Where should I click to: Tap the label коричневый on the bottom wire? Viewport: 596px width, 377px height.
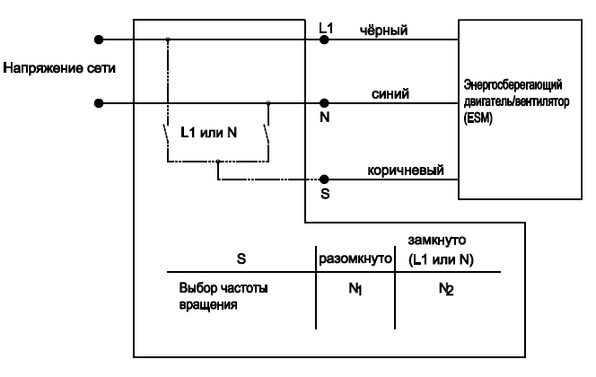click(404, 171)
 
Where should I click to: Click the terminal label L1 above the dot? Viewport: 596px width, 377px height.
click(326, 29)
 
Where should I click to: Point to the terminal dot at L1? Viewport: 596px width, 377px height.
click(325, 39)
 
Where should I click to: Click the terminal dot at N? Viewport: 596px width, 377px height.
click(325, 103)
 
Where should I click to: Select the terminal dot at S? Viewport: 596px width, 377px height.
click(325, 180)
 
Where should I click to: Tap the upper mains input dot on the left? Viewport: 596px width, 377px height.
click(100, 39)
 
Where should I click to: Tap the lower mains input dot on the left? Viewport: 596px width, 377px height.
click(100, 103)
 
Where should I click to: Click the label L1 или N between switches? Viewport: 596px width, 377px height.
click(208, 133)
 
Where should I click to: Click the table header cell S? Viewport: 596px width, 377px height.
click(241, 259)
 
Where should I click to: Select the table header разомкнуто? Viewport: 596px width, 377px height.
click(356, 259)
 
